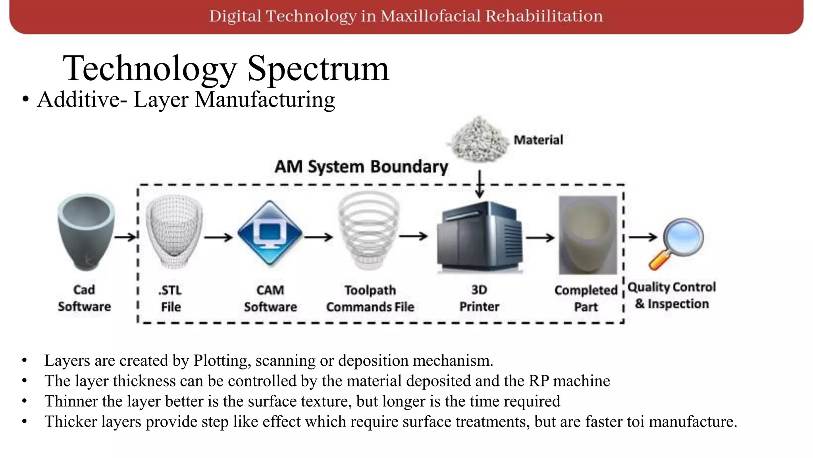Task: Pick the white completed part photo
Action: point(588,235)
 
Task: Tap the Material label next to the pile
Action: point(538,140)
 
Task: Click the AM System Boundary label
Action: point(361,167)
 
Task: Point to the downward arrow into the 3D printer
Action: point(480,184)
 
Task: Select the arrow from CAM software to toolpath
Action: point(318,237)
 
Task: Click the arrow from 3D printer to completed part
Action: point(540,238)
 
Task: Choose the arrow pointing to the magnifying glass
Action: point(643,237)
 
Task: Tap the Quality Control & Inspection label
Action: point(672,295)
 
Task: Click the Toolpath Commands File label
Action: point(370,299)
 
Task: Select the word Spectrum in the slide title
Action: point(318,68)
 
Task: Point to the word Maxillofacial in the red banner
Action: point(430,16)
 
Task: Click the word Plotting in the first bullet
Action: point(222,361)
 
